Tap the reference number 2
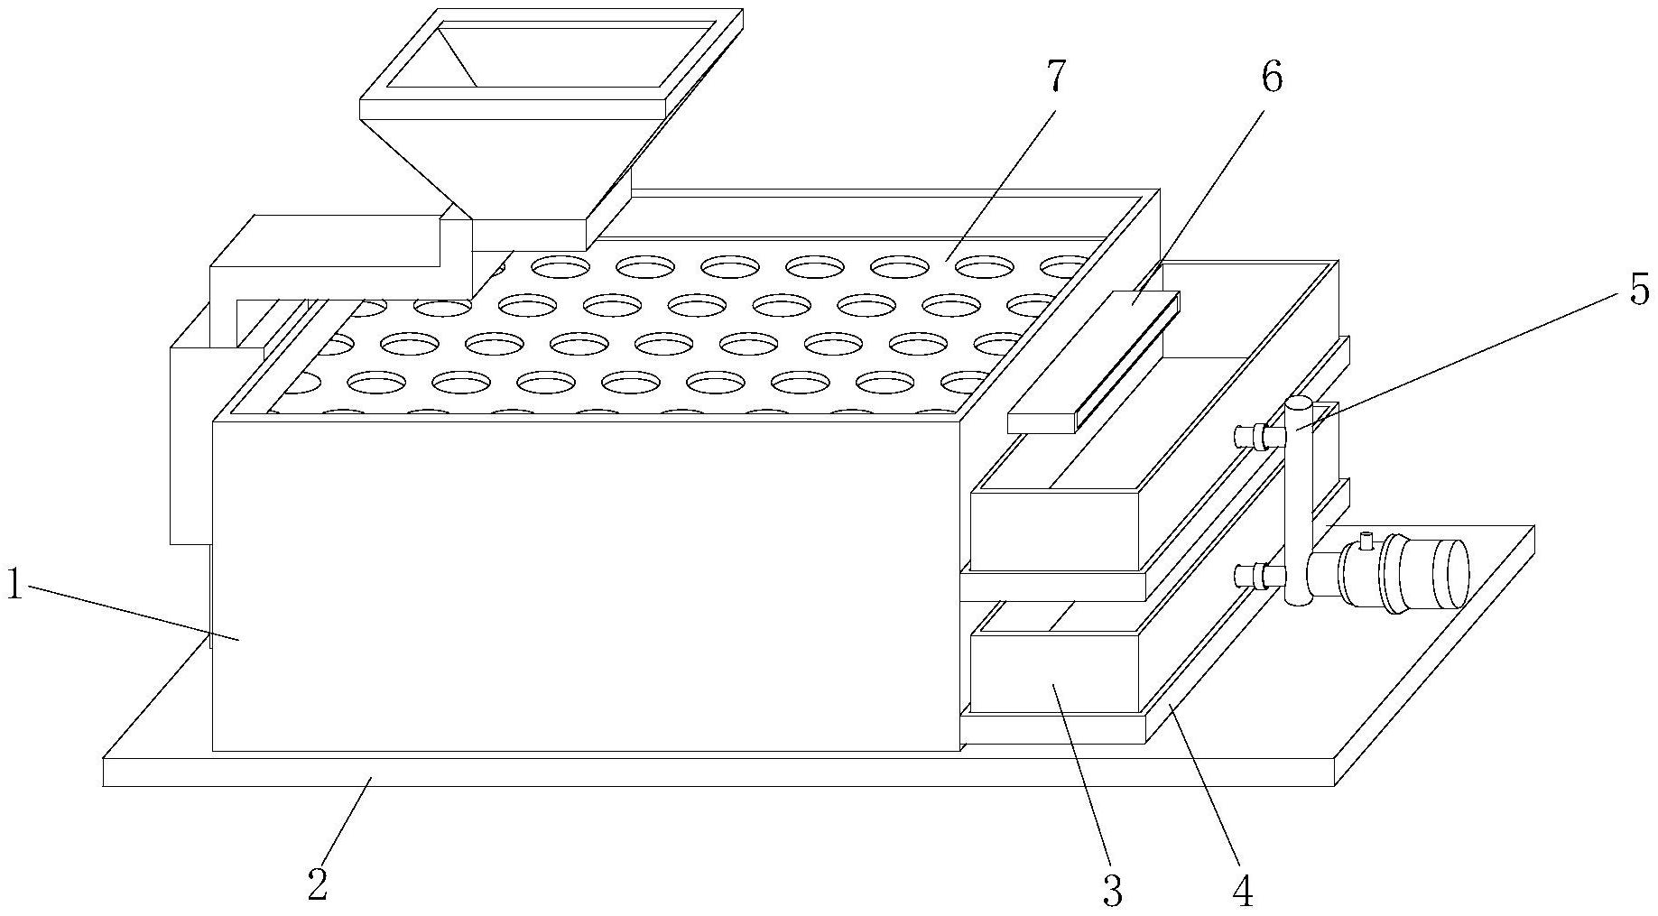[x=317, y=884]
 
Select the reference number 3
[x=1113, y=890]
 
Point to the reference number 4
[x=1243, y=890]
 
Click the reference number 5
[x=1638, y=291]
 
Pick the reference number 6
[x=1271, y=79]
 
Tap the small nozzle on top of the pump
[x=1366, y=541]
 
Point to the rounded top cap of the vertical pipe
[x=1299, y=404]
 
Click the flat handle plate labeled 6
[x=1092, y=361]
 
